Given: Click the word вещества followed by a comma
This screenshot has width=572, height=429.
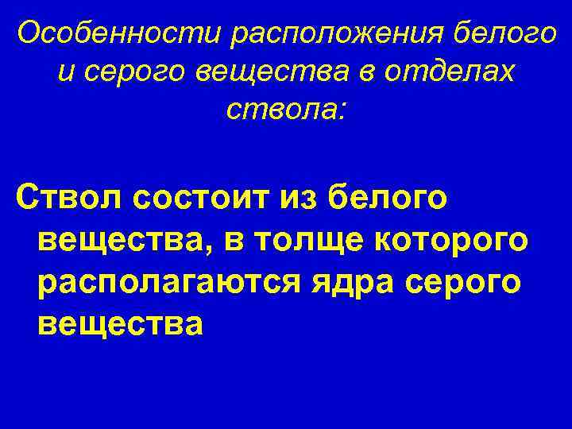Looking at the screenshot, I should pos(124,241).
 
